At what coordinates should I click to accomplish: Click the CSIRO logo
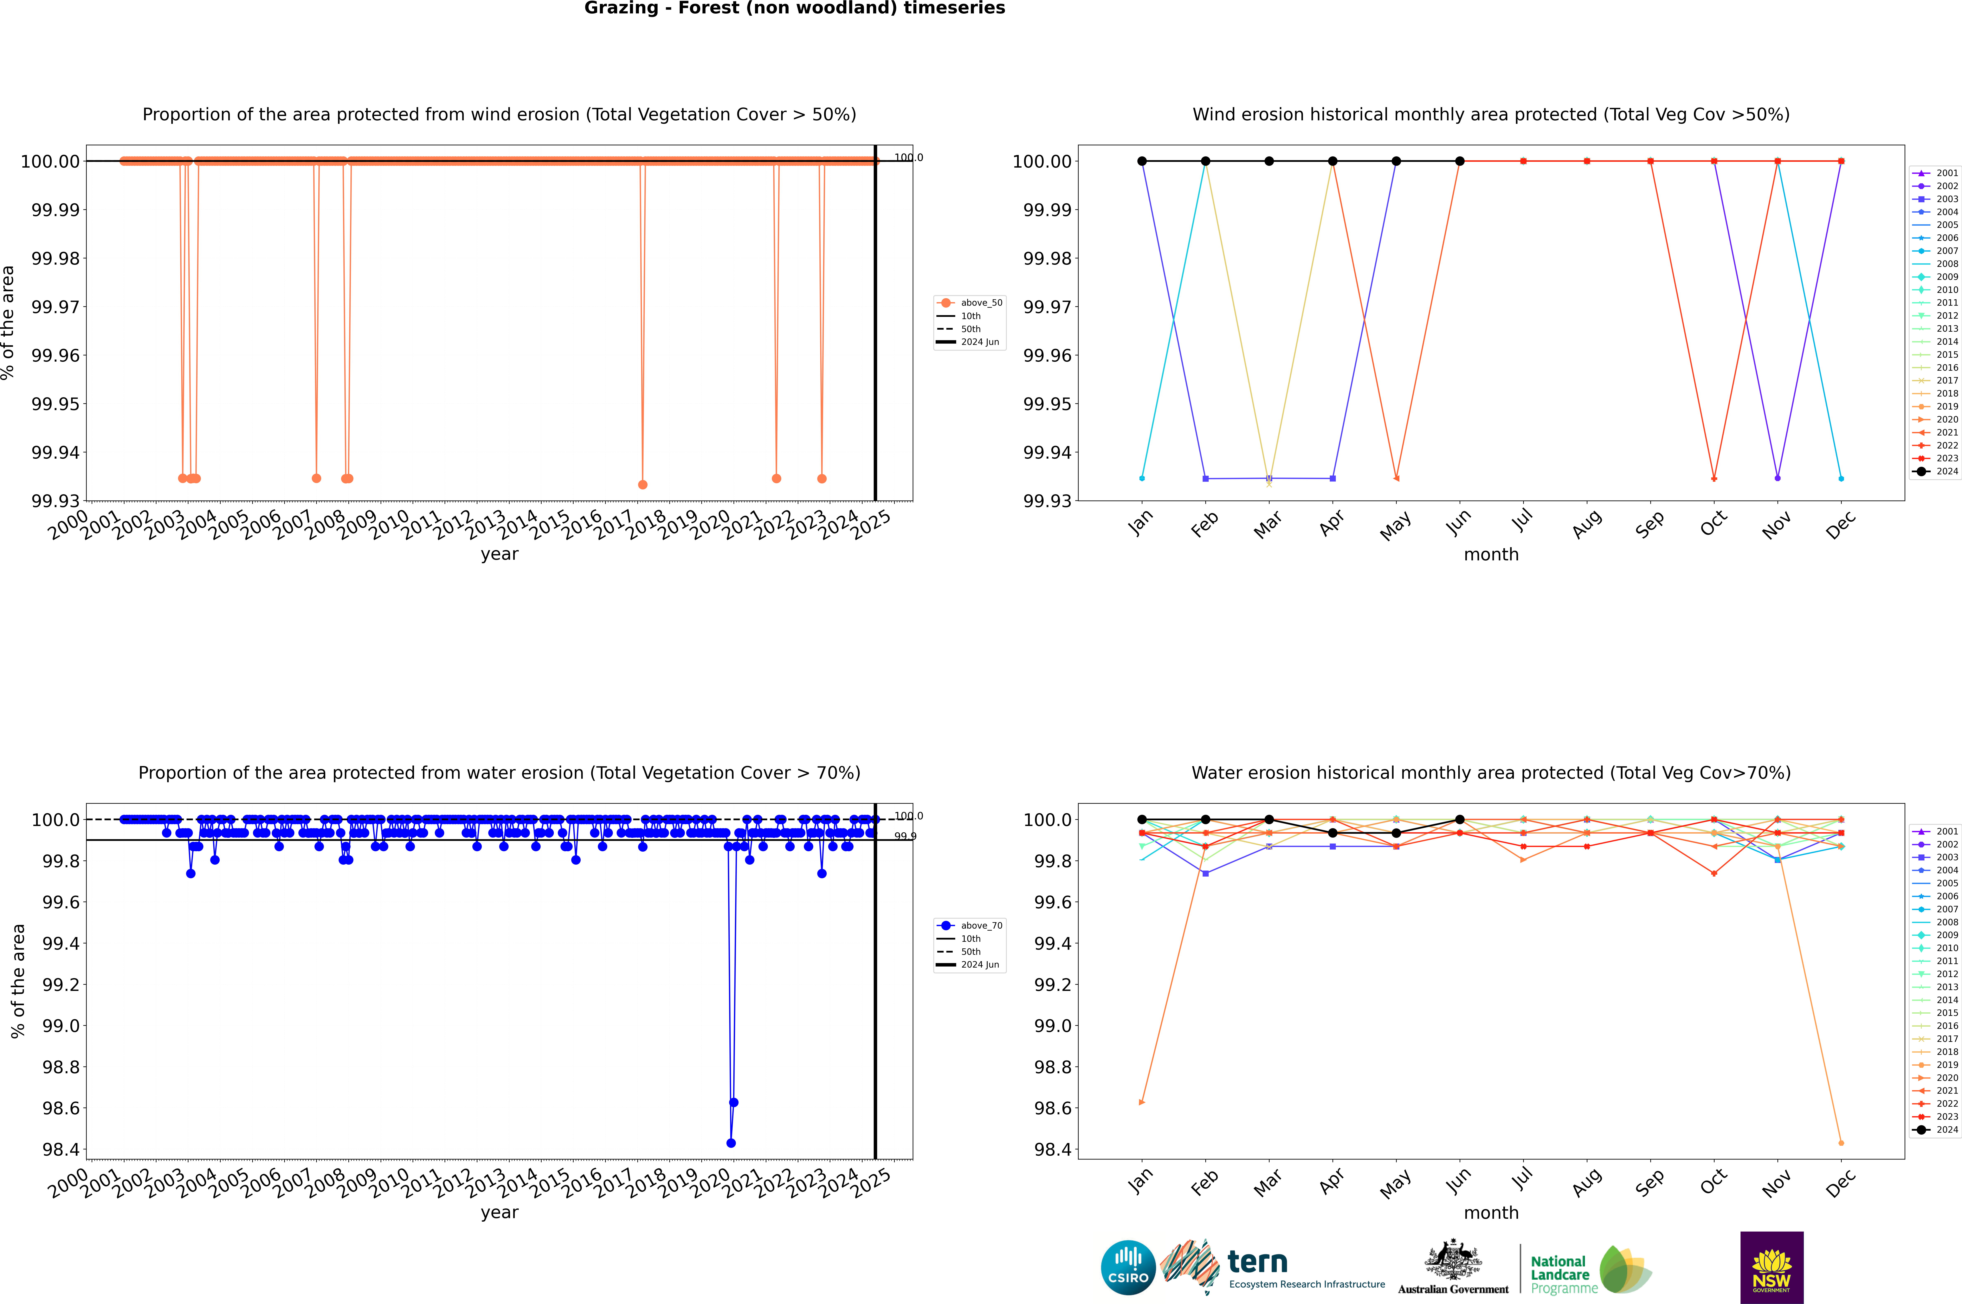click(x=1128, y=1267)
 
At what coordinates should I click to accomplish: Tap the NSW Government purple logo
click(x=1771, y=1267)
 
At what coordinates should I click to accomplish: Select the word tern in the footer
click(x=1258, y=1263)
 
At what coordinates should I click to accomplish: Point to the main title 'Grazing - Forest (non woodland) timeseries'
click(x=794, y=8)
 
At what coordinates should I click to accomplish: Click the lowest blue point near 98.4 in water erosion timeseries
click(x=731, y=1143)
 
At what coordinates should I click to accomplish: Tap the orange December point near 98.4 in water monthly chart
click(x=1841, y=1143)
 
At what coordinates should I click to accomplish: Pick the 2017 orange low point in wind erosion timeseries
click(x=642, y=485)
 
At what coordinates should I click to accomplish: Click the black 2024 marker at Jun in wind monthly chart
click(x=1460, y=161)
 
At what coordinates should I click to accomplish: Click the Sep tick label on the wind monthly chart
click(x=1650, y=524)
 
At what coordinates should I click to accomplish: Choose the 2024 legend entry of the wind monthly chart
click(x=1938, y=472)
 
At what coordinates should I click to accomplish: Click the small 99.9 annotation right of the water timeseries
click(x=905, y=837)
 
